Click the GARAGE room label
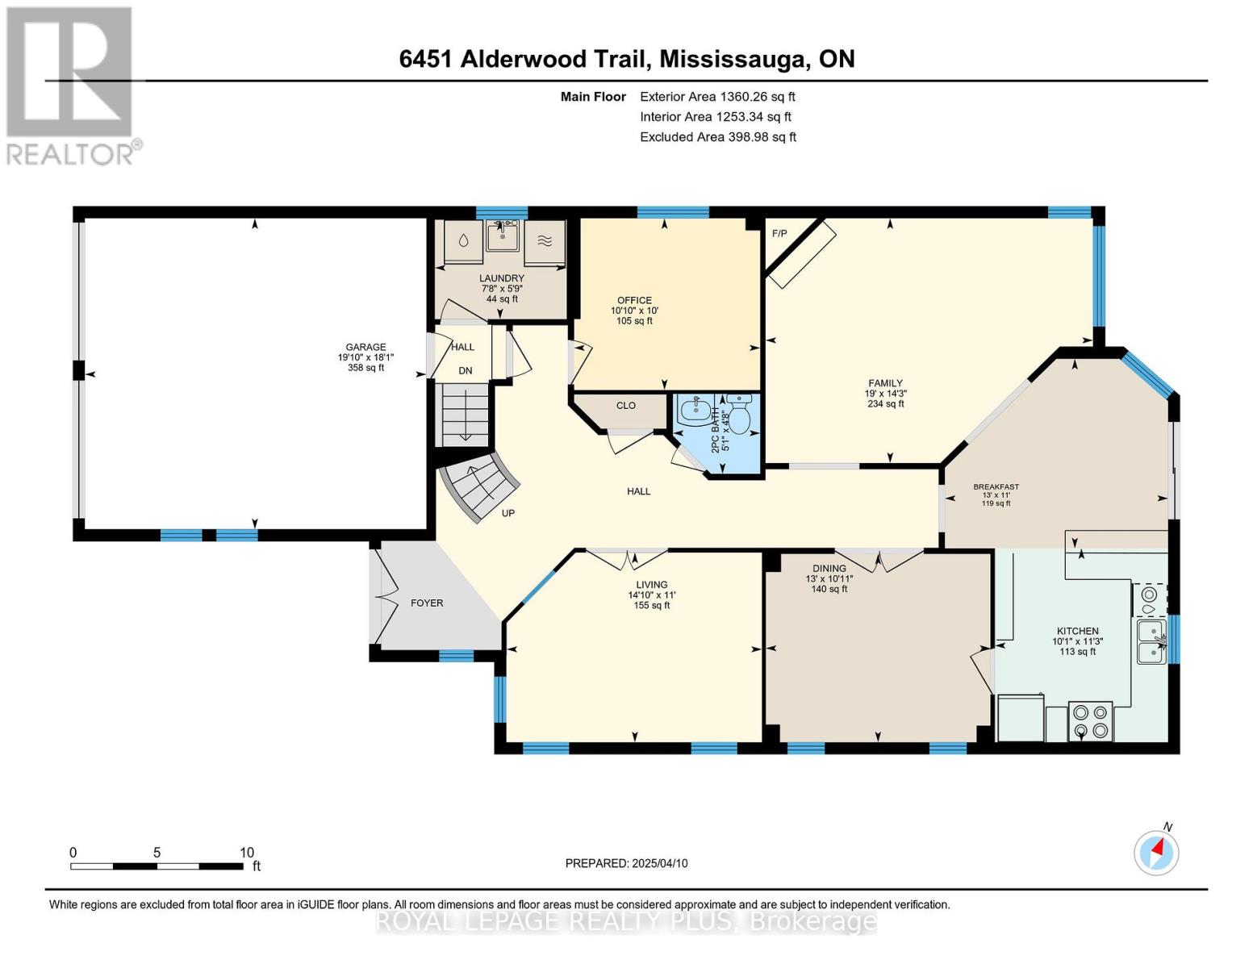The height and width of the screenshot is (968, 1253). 365,347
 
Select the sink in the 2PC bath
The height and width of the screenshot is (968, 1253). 696,411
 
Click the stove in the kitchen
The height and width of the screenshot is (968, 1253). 1090,721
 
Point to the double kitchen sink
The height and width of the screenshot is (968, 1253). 1151,641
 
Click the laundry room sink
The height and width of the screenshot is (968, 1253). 502,236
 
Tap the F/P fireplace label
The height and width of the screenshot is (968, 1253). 779,233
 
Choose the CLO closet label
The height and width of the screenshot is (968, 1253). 625,405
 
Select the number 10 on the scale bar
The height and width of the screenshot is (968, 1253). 247,852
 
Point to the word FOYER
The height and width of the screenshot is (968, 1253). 427,603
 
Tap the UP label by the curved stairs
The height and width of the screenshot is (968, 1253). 508,513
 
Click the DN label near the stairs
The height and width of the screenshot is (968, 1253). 466,371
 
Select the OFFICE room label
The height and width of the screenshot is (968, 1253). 634,300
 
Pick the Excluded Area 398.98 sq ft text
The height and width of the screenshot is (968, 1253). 718,137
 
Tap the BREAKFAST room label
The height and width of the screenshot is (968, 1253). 996,486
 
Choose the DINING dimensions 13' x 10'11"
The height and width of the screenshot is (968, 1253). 829,579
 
